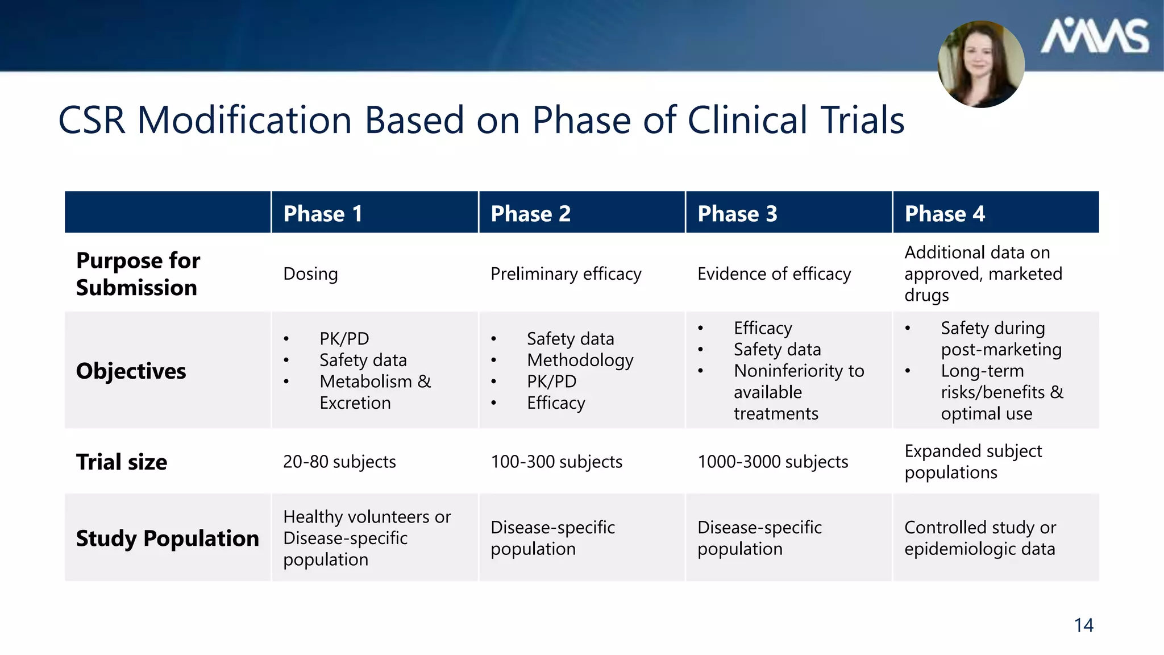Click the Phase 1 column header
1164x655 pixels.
click(322, 214)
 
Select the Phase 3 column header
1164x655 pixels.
click(737, 214)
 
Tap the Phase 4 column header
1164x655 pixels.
click(945, 214)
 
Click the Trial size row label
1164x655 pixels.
click(122, 462)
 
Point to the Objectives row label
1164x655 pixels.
click(131, 371)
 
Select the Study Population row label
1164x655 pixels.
click(167, 538)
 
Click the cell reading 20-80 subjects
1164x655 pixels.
click(339, 462)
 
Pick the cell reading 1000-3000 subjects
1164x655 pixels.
click(772, 462)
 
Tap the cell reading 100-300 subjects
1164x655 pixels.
click(556, 462)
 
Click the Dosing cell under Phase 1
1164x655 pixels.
click(310, 274)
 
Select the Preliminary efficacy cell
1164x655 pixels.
click(566, 274)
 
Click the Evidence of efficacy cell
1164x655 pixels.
click(774, 274)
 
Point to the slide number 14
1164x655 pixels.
click(1083, 625)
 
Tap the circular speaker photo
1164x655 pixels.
click(981, 64)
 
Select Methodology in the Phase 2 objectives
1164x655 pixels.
click(580, 360)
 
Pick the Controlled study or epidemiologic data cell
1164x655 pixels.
click(980, 538)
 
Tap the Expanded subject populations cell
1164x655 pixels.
click(973, 462)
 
